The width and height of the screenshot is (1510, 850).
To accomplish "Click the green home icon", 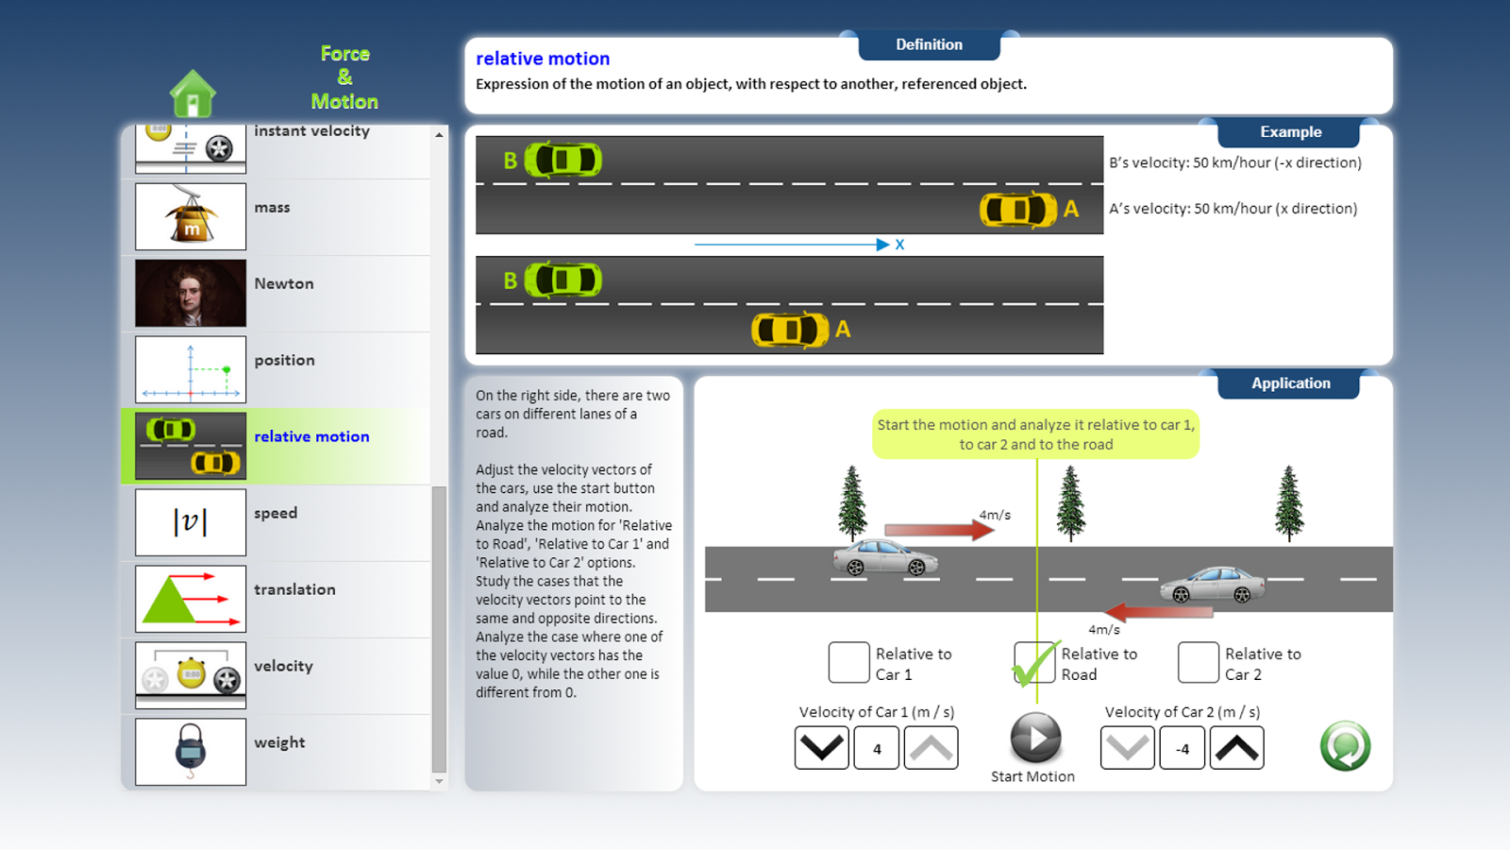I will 193,93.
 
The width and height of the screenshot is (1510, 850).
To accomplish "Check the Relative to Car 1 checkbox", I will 848,662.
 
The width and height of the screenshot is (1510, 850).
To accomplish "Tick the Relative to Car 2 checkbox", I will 1198,662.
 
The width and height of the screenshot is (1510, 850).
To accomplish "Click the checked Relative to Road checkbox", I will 1034,662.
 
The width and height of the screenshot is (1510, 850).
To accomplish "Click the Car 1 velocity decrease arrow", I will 821,748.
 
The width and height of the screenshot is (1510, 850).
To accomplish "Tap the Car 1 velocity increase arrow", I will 931,748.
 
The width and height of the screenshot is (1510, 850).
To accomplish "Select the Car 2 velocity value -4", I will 1182,749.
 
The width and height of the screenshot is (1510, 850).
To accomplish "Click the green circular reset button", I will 1345,746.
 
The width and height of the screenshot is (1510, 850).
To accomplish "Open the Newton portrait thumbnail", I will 191,293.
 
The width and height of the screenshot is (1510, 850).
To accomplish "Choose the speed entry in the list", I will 276,513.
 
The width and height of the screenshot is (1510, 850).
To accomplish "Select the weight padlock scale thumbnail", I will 191,752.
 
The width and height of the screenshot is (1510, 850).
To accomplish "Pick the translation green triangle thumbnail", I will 191,599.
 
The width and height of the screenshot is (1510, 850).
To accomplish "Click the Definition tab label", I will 929,44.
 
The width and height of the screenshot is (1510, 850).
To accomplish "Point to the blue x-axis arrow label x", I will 899,245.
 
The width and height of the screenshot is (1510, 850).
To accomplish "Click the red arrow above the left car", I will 938,530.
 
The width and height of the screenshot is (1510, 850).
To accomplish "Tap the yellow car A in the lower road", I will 790,330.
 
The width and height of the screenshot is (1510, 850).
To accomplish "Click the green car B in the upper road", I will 563,160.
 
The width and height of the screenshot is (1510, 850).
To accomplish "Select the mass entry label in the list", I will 272,207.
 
